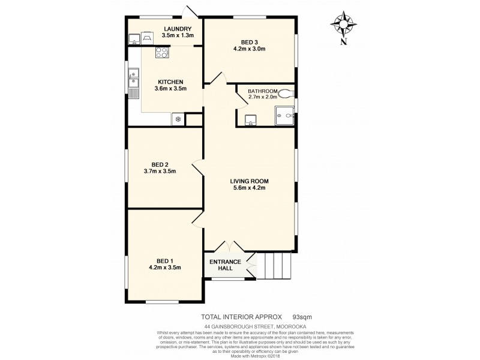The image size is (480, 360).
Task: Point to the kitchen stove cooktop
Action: point(162,53)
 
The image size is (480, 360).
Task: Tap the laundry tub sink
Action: point(133,40)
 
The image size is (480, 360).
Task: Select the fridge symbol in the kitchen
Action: point(178,119)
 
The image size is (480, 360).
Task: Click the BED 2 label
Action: point(160,164)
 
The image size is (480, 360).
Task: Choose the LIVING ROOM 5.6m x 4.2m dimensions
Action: point(250,188)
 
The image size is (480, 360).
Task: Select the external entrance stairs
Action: point(274,264)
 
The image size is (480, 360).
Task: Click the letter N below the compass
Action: point(343,42)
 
